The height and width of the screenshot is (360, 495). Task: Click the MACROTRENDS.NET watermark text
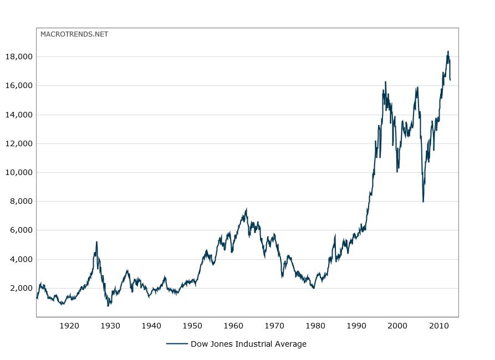[x=74, y=34]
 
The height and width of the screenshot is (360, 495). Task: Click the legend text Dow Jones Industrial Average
[x=248, y=344]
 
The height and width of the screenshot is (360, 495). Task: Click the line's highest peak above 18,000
[x=448, y=52]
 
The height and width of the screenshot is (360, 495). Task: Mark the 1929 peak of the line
[x=96, y=242]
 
